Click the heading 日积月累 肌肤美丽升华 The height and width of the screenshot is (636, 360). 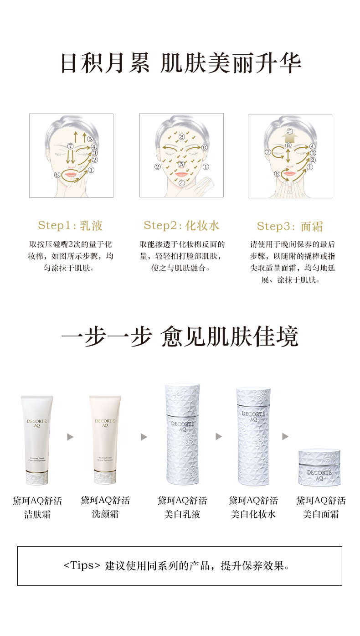click(x=180, y=63)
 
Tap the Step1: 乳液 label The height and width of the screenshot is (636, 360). click(x=70, y=225)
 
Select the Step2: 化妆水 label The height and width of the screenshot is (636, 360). click(x=181, y=225)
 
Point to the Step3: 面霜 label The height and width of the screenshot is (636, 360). click(x=290, y=226)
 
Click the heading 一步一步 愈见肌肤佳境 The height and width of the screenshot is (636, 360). click(x=180, y=337)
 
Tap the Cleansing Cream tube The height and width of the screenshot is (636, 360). click(x=37, y=440)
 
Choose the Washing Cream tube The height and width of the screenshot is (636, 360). click(x=105, y=440)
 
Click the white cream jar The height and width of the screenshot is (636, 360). click(x=319, y=467)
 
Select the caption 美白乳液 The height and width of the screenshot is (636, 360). click(x=182, y=514)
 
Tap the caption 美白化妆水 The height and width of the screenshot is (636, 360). click(x=253, y=514)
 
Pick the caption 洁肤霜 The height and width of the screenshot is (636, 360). click(x=37, y=514)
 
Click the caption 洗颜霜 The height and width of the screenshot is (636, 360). click(x=105, y=514)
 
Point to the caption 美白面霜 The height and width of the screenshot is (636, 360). click(x=321, y=514)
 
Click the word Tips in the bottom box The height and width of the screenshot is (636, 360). click(x=82, y=566)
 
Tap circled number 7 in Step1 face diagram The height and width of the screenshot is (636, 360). click(x=70, y=146)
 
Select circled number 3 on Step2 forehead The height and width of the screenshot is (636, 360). click(x=182, y=136)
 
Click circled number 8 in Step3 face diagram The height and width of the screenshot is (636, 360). click(x=288, y=145)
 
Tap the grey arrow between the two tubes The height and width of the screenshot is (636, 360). click(x=70, y=437)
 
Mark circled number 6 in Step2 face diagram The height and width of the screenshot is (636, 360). click(x=204, y=147)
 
